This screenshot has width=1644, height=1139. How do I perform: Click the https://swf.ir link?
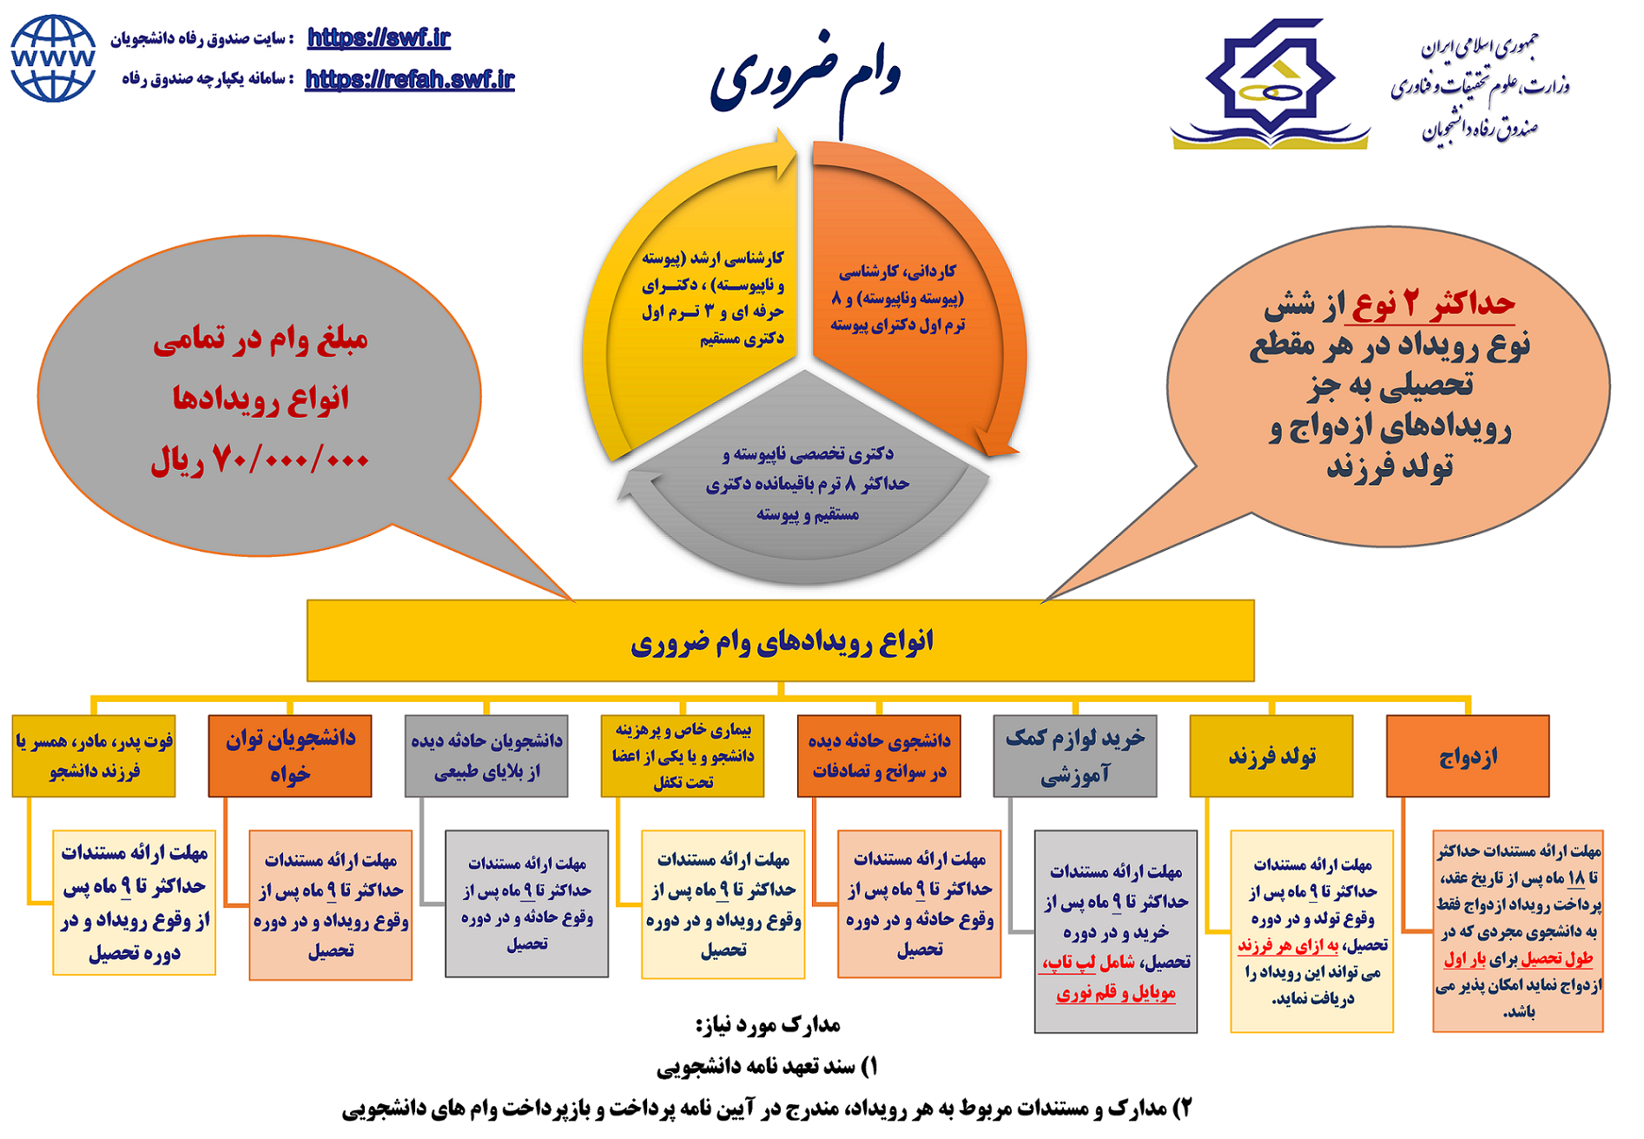click(x=379, y=37)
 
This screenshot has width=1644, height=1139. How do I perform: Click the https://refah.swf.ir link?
click(x=409, y=79)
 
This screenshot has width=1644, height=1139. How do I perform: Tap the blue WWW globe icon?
click(x=53, y=58)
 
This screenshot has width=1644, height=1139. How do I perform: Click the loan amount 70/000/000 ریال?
click(x=260, y=460)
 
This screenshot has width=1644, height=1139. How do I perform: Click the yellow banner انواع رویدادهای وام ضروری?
click(x=780, y=641)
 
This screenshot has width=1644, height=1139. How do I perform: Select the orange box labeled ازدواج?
click(x=1467, y=756)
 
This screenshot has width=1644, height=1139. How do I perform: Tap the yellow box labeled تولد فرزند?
click(x=1271, y=756)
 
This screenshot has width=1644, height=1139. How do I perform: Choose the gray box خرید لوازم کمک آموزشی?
click(x=1074, y=756)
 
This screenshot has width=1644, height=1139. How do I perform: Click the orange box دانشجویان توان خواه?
click(x=289, y=756)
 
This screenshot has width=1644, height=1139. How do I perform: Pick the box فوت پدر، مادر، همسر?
click(x=94, y=756)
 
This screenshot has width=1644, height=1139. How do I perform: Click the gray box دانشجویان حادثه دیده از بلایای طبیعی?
click(x=485, y=756)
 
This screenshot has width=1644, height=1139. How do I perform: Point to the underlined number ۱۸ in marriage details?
click(x=1576, y=878)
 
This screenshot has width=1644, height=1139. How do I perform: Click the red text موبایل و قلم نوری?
click(x=1115, y=993)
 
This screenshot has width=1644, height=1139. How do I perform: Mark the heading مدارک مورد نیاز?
click(x=767, y=1025)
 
